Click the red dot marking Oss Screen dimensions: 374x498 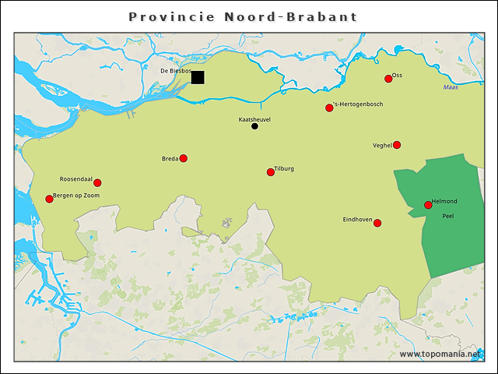coord(388,79)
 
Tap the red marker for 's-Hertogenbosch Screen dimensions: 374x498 coord(329,108)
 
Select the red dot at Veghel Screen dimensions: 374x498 coord(397,145)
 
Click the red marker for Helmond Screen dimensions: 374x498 coord(428,205)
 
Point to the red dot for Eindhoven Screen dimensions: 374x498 coord(377,223)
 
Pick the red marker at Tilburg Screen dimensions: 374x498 coord(271,172)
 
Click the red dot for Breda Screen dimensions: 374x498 coord(184,158)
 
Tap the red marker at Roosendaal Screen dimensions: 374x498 coord(97,183)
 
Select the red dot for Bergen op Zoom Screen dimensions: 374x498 coord(49,199)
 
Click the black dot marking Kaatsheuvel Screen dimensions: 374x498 coord(254,126)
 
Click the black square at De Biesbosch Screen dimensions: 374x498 coord(198,77)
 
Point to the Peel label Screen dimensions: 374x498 coord(447,216)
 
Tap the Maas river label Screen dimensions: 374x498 coord(451,87)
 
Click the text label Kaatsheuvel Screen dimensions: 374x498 coord(254,119)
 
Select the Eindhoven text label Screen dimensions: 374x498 coord(357,220)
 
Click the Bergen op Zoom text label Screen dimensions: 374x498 coord(76,195)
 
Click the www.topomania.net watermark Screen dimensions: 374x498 coord(440,354)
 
